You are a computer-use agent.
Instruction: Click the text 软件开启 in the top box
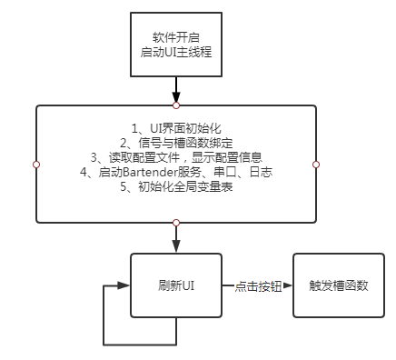click(175, 39)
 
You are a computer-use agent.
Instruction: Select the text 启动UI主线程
click(175, 55)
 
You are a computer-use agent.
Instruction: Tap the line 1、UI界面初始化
click(175, 128)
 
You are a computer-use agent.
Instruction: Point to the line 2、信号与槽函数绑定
click(175, 143)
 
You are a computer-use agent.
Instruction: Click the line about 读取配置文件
click(175, 157)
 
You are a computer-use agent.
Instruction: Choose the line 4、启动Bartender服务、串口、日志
click(175, 172)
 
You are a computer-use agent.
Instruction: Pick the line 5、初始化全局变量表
click(175, 186)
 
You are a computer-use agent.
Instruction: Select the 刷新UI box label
click(176, 285)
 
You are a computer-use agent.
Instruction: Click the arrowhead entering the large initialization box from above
click(176, 100)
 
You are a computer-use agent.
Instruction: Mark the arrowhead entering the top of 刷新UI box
click(176, 248)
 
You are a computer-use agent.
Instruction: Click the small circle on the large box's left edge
click(36, 165)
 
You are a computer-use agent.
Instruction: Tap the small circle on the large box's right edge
click(316, 165)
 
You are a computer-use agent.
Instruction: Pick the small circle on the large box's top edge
click(176, 105)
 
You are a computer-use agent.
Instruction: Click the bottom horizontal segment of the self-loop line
click(141, 345)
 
